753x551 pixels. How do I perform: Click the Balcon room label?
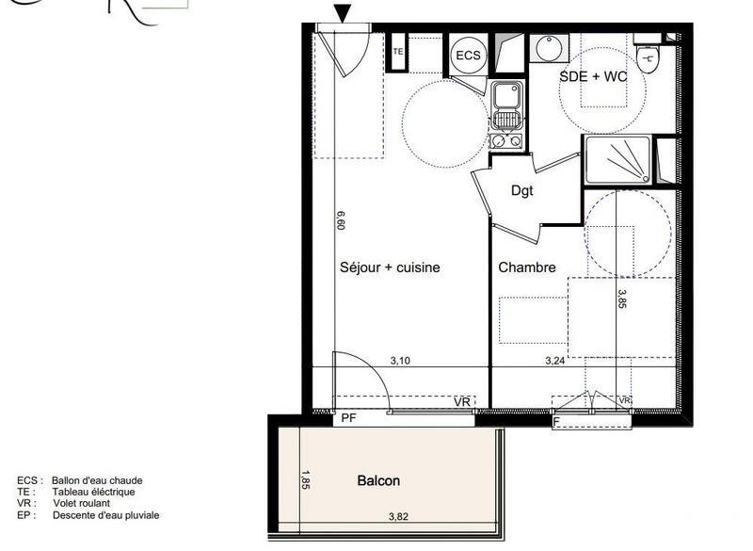click(378, 480)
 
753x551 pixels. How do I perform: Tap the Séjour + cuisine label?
click(390, 267)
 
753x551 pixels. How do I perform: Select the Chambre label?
click(527, 267)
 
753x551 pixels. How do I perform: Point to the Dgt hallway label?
click(521, 191)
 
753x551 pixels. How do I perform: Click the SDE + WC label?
click(593, 77)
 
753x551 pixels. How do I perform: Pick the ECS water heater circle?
click(468, 56)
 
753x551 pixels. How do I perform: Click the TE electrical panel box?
click(398, 53)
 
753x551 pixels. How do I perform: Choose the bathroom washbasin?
click(546, 46)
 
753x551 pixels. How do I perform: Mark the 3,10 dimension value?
click(400, 360)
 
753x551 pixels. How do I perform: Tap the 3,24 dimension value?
click(555, 360)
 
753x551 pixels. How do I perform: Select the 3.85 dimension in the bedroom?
click(622, 299)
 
